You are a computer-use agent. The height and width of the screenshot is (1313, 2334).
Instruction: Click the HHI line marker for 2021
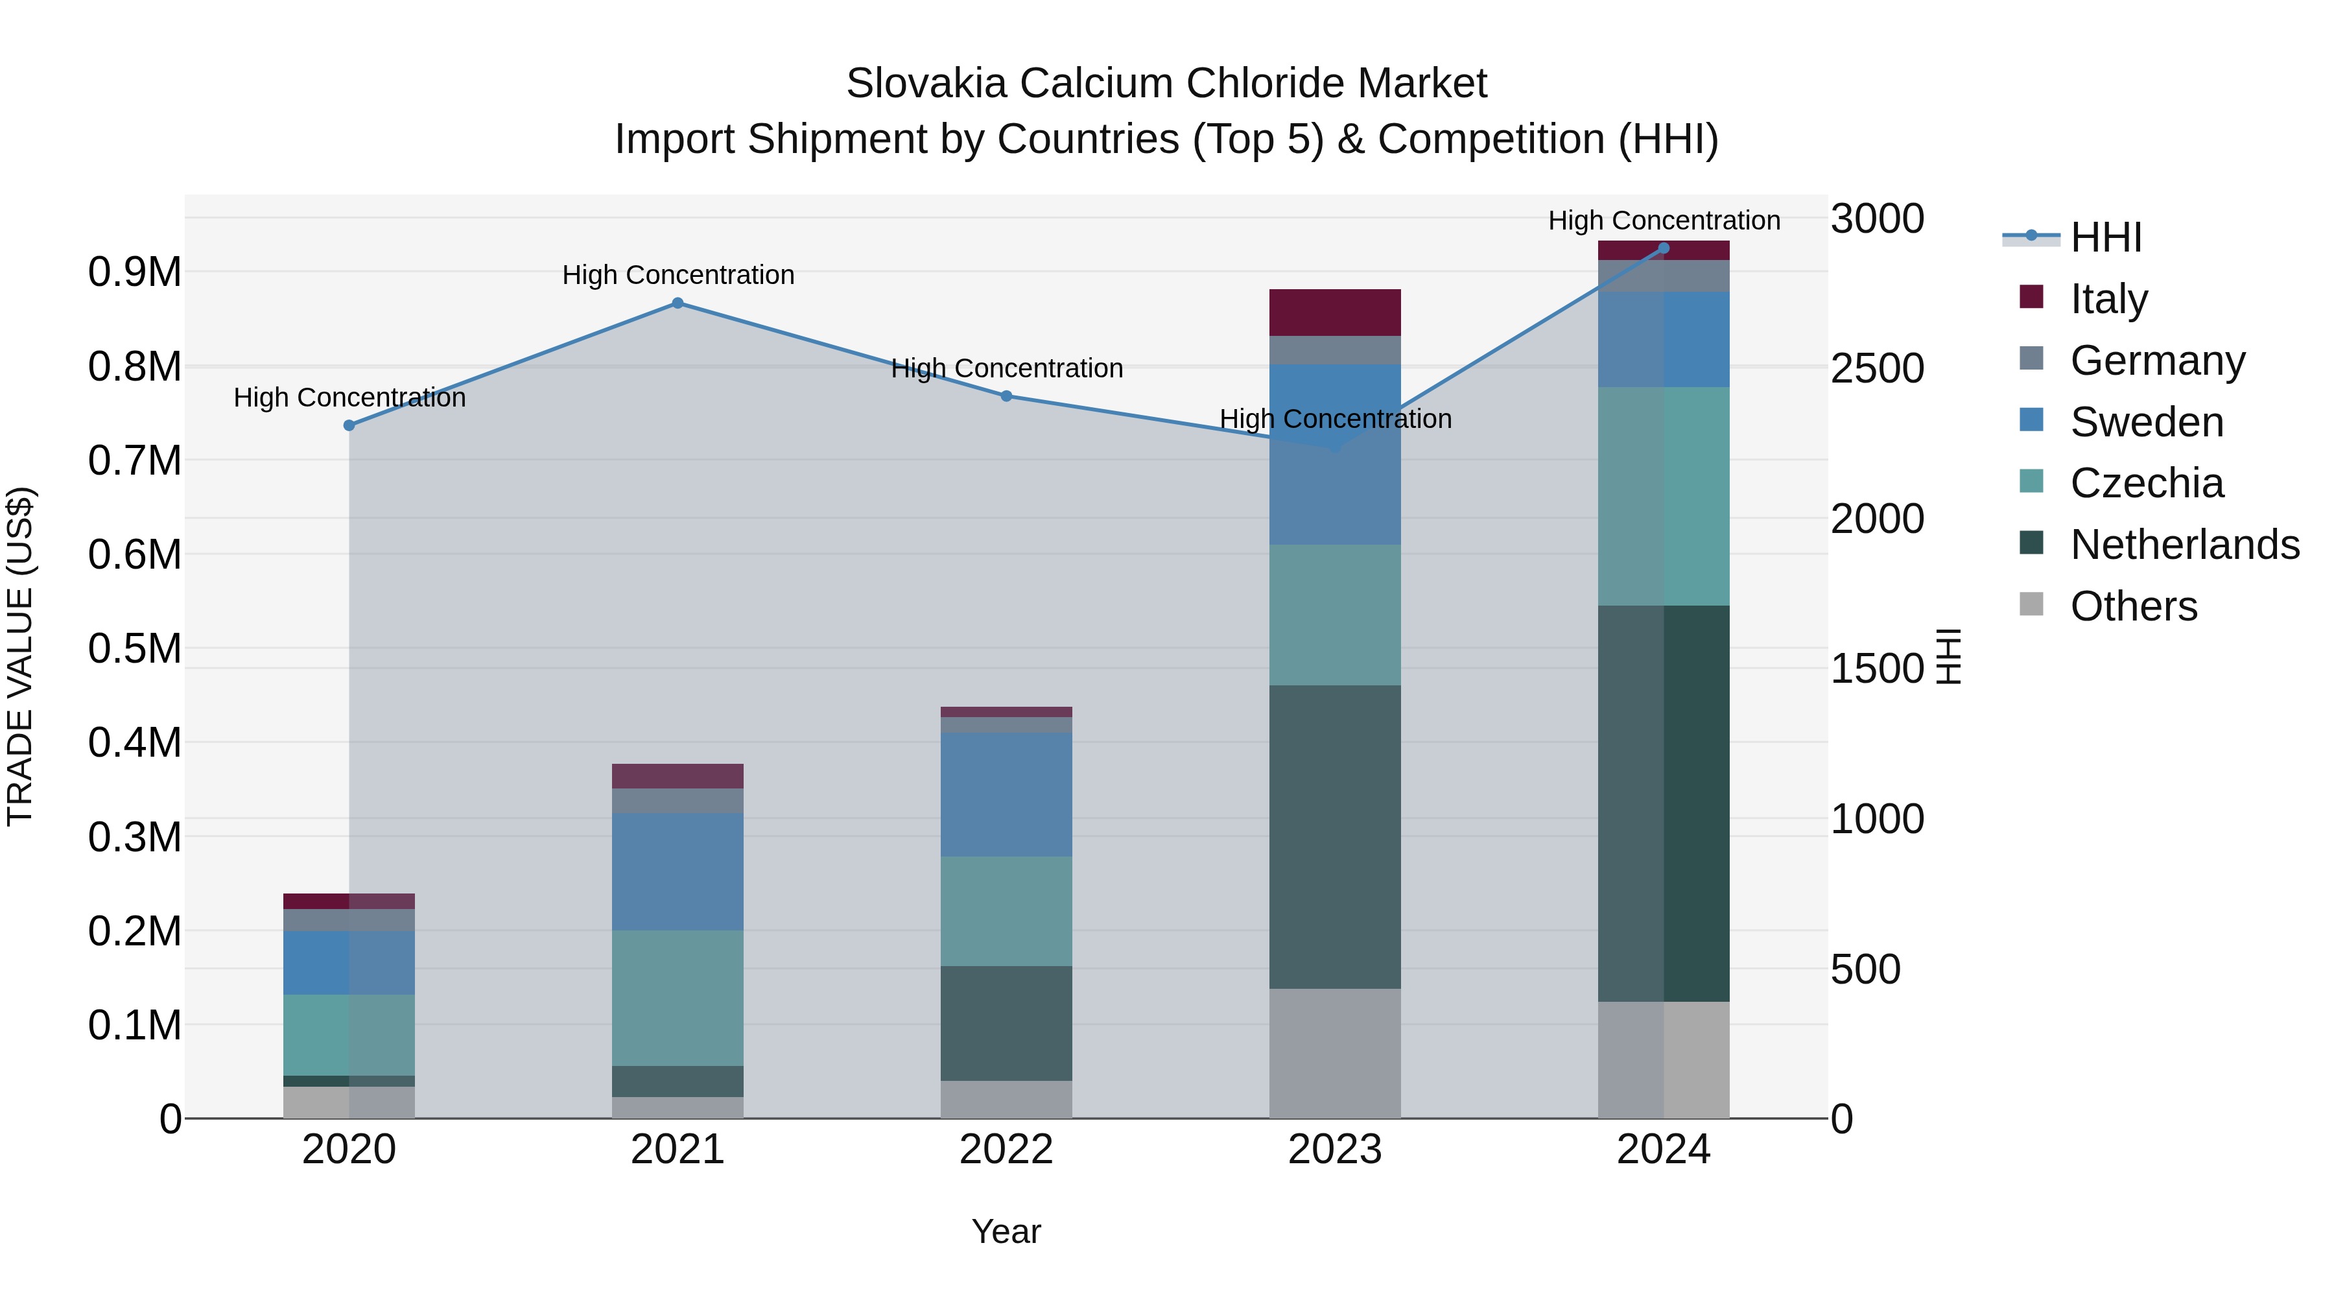tap(678, 303)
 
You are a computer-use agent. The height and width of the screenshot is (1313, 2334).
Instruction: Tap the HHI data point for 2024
tap(1664, 248)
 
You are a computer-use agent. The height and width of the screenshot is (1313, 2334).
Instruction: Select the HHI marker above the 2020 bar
tap(349, 425)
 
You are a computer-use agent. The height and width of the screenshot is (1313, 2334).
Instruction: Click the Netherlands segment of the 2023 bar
tap(1335, 836)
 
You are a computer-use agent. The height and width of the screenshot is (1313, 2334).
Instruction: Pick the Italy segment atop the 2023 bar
tap(1335, 313)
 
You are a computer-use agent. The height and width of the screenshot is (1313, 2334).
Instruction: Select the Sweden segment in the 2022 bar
tap(1006, 795)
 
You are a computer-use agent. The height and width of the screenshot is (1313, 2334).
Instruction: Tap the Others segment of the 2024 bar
tap(1664, 1059)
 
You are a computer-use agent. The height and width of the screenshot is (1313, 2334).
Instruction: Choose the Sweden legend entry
tap(2147, 422)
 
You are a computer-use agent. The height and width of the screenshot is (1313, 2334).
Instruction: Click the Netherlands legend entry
tap(2184, 545)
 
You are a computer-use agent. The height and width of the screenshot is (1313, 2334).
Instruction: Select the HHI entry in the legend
tap(2106, 237)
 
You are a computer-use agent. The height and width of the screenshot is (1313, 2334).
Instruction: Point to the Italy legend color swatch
tap(2031, 297)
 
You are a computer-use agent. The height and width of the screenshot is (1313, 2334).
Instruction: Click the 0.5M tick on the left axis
tap(135, 649)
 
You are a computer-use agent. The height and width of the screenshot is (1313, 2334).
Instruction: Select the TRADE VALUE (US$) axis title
tap(20, 656)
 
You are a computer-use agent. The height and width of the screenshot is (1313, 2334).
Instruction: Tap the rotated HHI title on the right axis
tap(1948, 656)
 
